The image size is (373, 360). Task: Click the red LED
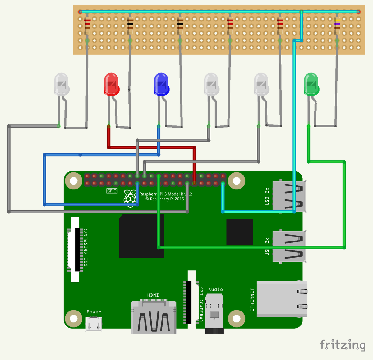111,84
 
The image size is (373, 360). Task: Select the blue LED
161,84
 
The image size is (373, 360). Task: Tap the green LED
311,84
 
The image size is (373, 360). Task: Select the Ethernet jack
282,299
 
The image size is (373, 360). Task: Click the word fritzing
343,345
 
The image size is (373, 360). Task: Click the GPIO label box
112,191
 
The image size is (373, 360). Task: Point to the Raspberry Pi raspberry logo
130,197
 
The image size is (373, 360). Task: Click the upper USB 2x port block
288,196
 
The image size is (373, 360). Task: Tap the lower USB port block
288,246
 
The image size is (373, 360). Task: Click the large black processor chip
142,236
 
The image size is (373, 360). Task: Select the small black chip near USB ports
239,232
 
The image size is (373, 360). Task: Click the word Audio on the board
215,289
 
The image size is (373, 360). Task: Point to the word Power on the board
94,312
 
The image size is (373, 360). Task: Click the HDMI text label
153,295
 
